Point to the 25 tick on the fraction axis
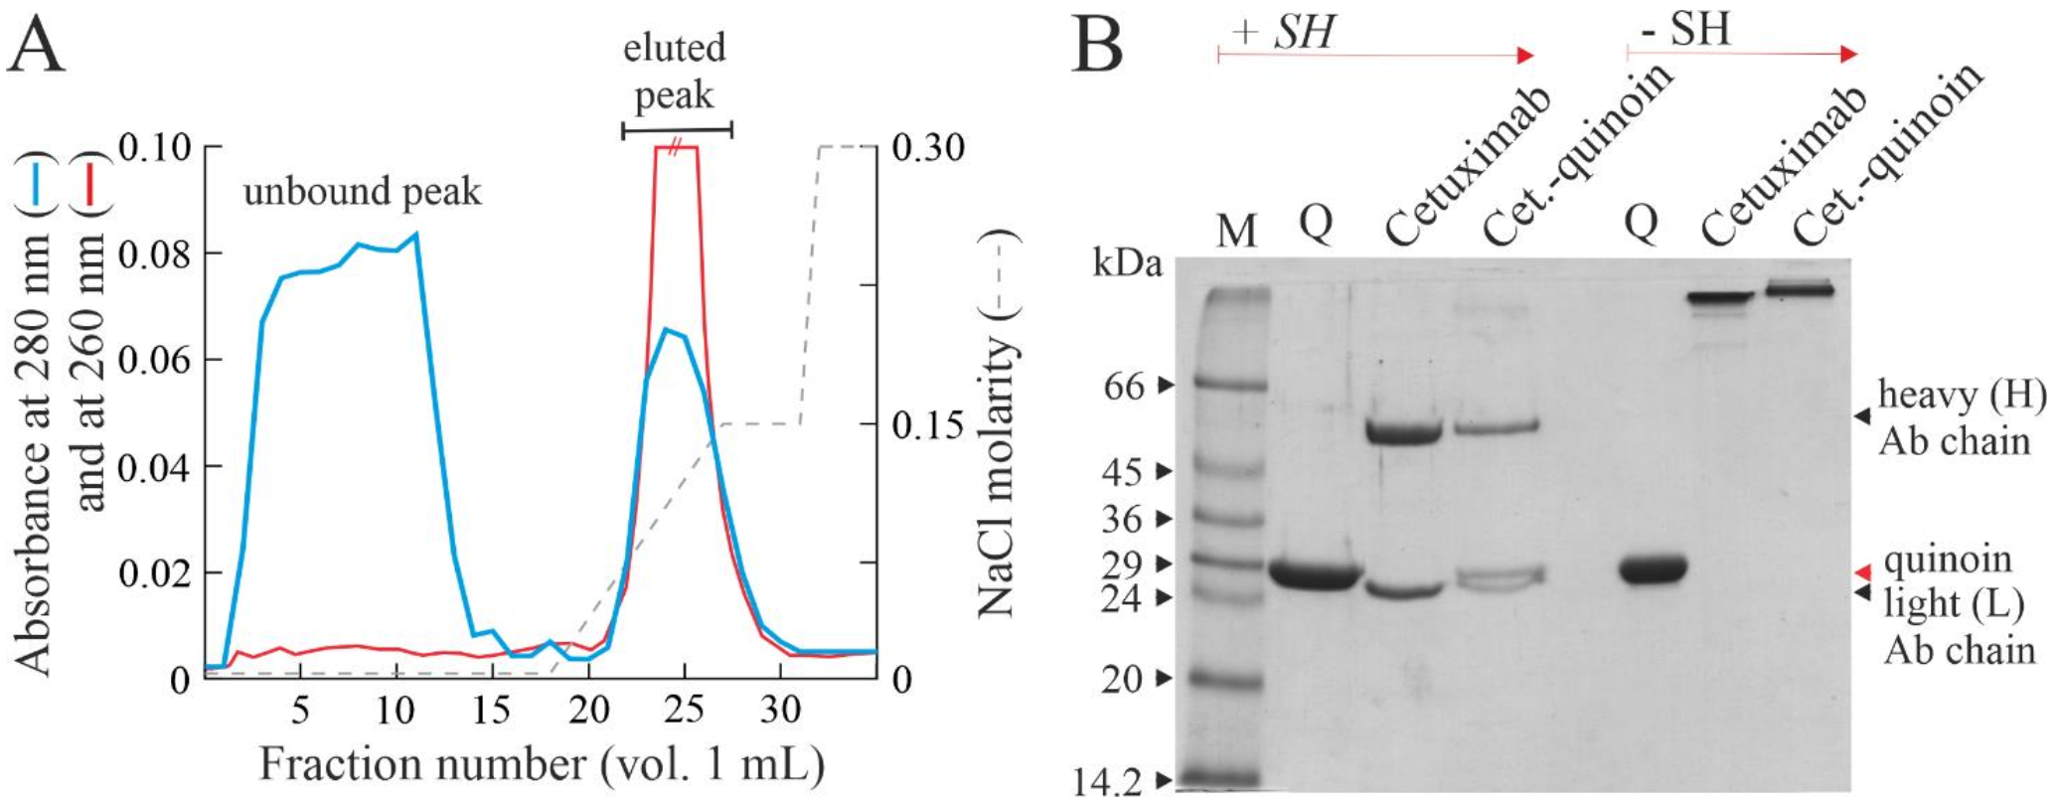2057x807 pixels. coord(684,710)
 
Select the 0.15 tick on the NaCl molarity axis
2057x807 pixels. coord(928,425)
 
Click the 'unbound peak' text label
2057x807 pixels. coord(362,191)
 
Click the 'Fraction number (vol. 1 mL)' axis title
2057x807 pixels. coord(543,765)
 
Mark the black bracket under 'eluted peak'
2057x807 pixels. coord(677,129)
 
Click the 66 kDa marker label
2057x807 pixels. coord(1125,386)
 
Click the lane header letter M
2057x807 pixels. coord(1236,232)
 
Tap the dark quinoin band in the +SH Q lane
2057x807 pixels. coord(1314,575)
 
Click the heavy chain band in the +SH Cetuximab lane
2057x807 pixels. coord(1403,432)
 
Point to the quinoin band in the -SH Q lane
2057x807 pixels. coord(1653,570)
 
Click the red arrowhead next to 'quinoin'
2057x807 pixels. coord(1863,572)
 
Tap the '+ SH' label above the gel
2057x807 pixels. coord(1283,33)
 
